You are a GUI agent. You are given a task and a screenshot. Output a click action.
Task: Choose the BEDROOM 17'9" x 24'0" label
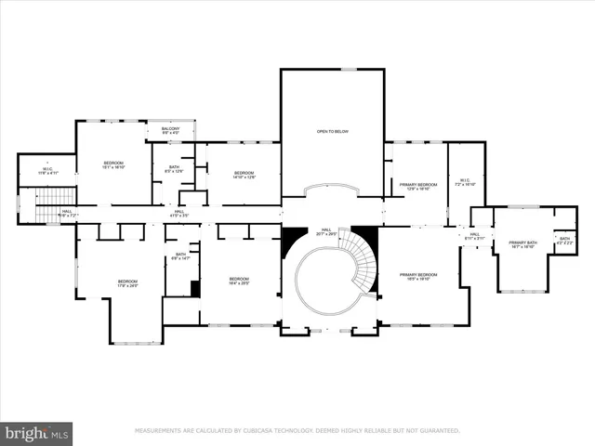(x=127, y=283)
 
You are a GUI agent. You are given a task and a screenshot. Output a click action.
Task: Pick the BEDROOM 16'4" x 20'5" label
(x=239, y=281)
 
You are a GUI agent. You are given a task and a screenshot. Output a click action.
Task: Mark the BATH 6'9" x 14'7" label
(x=180, y=256)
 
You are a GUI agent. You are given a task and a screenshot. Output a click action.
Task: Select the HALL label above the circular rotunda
(x=326, y=231)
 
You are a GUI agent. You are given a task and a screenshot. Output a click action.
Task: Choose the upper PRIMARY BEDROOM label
(x=417, y=186)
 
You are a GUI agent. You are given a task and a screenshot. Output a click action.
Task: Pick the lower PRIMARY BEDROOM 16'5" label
(x=417, y=276)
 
